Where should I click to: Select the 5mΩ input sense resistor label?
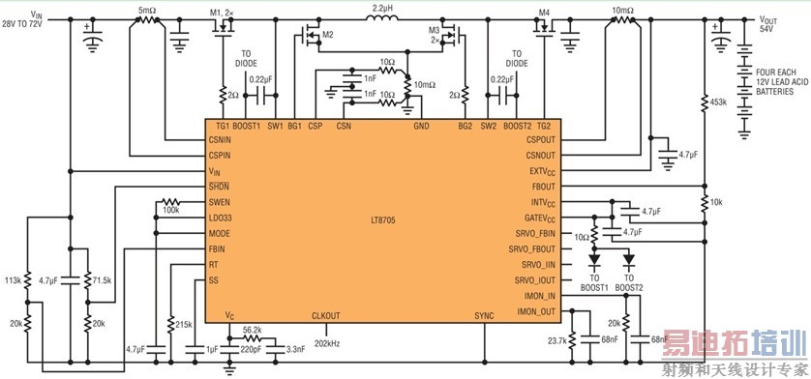(x=148, y=9)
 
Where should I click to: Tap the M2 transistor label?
(x=327, y=35)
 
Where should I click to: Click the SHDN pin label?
(x=219, y=186)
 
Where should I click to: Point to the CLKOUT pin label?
(x=326, y=315)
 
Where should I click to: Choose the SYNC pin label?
(x=485, y=315)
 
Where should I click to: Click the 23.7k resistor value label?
(x=557, y=340)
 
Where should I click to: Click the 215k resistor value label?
(x=183, y=322)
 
